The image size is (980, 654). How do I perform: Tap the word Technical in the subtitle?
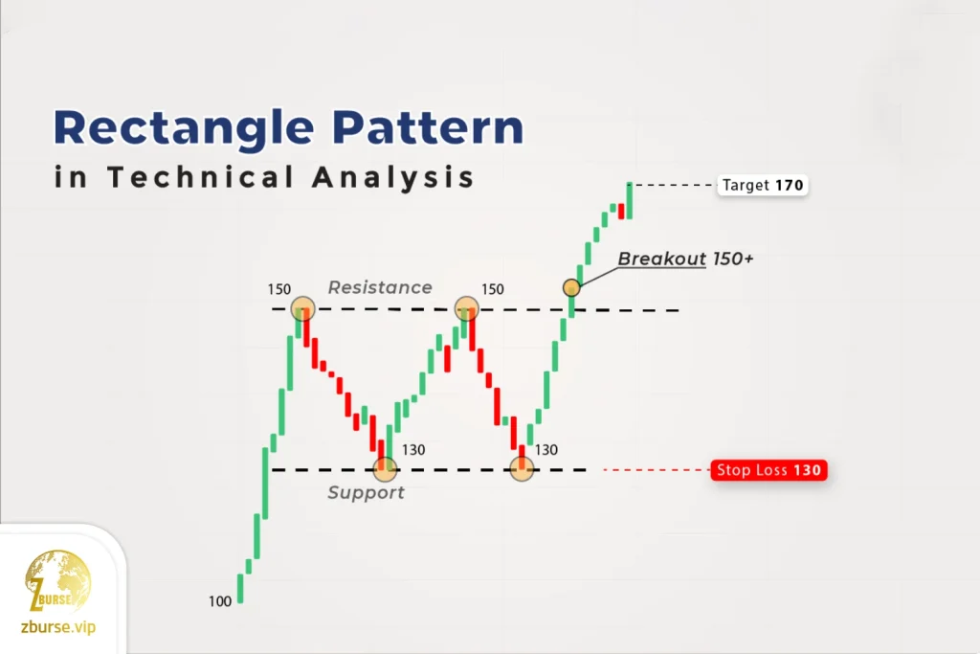point(200,177)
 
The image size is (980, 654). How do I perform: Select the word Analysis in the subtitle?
point(393,177)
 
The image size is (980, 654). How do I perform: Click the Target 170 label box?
point(763,185)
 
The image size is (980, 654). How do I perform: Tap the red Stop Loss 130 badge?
point(768,470)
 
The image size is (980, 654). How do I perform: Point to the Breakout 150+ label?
point(685,259)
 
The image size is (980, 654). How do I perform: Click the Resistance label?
point(380,287)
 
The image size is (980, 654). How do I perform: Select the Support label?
point(367,493)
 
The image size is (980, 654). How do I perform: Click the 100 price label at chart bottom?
point(220,601)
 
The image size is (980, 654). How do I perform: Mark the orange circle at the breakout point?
point(571,287)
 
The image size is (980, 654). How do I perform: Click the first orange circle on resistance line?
point(303,309)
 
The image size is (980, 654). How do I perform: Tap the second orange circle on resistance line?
point(467,309)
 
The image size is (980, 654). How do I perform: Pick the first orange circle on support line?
point(385,468)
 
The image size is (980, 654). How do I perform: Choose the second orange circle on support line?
point(522,468)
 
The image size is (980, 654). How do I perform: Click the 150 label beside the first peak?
point(279,289)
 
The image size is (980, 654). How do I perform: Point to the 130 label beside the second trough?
point(546,449)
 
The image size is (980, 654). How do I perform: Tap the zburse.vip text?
point(58,627)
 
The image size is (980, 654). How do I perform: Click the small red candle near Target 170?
point(621,211)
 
